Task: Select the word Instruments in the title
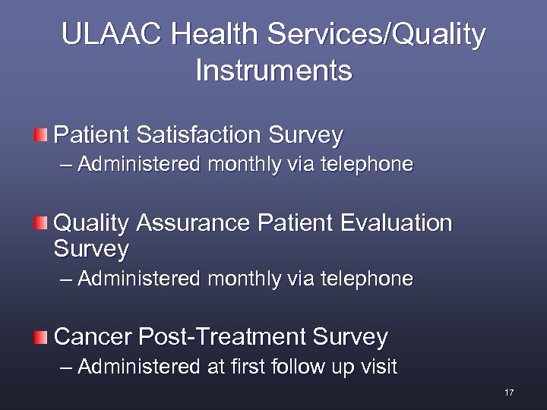(x=273, y=71)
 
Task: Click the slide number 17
(x=509, y=393)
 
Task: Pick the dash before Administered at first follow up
(x=67, y=367)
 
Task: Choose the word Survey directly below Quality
(x=91, y=249)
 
